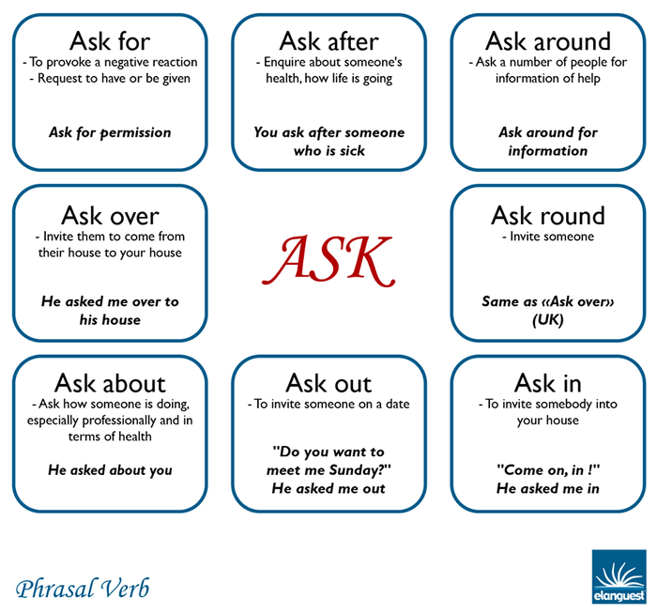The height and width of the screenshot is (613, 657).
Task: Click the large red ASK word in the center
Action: pos(328,261)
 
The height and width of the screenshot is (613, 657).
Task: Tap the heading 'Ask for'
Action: pos(110,41)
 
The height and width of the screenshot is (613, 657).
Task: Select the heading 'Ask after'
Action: pos(328,41)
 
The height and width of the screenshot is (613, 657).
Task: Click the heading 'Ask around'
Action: pos(548,41)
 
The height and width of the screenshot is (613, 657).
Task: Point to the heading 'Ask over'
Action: pos(110,216)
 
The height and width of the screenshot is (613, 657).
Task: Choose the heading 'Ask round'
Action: pos(548,216)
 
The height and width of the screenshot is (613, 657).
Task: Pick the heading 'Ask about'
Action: pos(110,383)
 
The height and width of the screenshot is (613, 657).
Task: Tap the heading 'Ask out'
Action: pos(328,383)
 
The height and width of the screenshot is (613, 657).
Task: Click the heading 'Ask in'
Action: pos(548,383)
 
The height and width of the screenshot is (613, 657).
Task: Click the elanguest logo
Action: pos(619,576)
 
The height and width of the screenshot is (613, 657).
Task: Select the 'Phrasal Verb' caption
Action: pos(83,589)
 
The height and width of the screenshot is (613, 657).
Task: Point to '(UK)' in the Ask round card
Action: pos(548,320)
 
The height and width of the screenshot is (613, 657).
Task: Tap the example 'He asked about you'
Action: pos(110,470)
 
